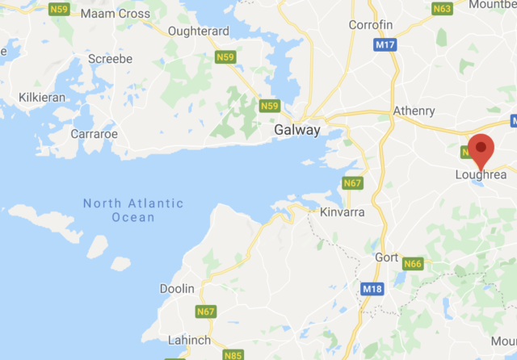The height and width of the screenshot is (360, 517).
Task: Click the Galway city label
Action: tap(297, 130)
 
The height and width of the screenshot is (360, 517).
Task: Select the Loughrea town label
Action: tap(481, 174)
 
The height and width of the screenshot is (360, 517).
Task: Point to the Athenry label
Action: tap(414, 111)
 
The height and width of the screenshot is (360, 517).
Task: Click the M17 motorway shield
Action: tap(385, 47)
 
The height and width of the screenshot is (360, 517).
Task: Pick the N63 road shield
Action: tap(464, 9)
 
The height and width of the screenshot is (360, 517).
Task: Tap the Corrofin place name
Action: tap(370, 25)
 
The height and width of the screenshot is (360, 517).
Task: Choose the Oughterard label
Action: tap(199, 31)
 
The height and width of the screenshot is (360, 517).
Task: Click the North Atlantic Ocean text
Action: tap(133, 210)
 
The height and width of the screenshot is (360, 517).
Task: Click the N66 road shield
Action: tap(414, 263)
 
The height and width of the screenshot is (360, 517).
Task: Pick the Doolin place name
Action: tap(177, 288)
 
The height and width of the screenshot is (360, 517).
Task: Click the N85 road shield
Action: tap(233, 354)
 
